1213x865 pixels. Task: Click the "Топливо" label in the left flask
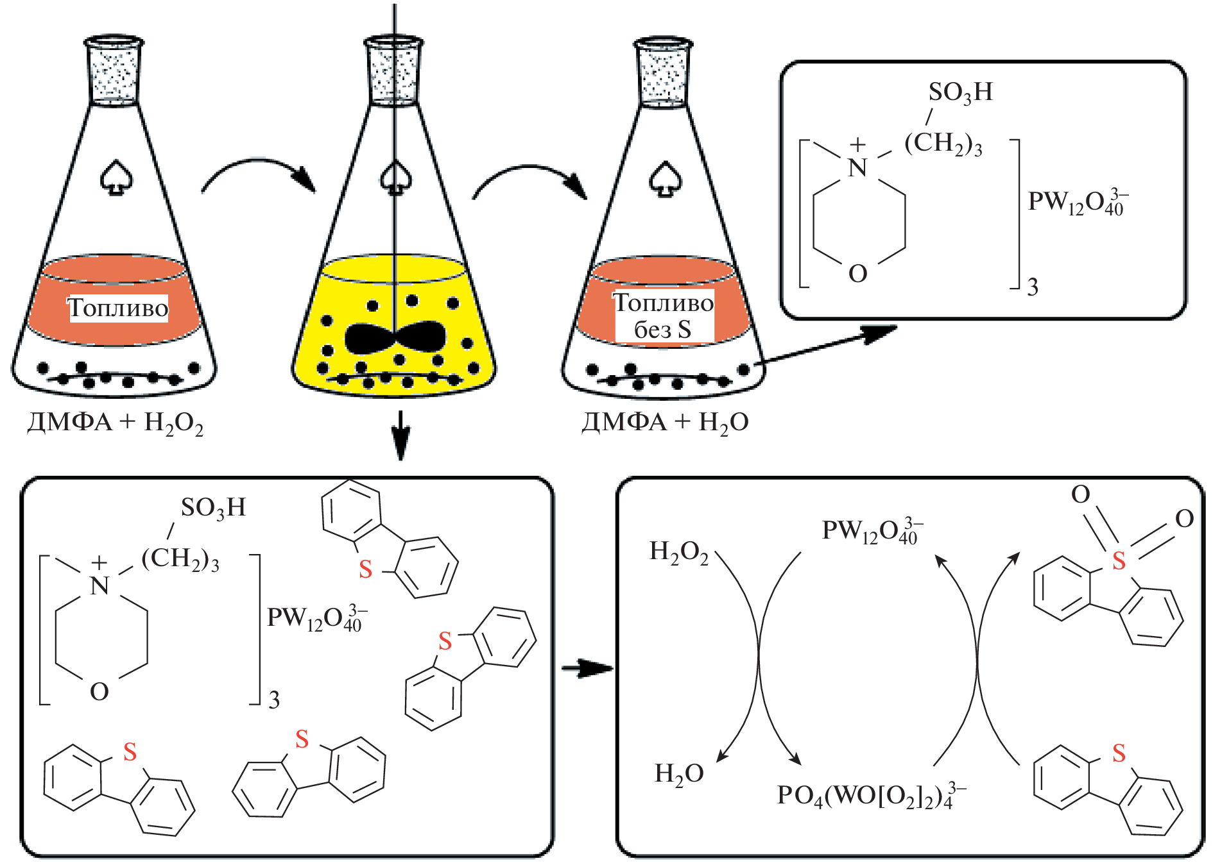118,308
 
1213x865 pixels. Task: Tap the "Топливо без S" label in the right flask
664,316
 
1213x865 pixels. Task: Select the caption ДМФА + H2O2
116,423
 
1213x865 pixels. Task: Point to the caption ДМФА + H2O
665,423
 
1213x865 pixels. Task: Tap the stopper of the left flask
114,71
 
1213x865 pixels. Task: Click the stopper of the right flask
664,71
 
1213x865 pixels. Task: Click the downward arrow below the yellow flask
400,435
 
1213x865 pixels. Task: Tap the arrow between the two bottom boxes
585,668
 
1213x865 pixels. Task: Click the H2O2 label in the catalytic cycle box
679,552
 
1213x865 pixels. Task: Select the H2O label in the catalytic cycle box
679,774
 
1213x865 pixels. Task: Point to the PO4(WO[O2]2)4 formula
870,796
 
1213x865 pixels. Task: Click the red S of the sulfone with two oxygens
1119,561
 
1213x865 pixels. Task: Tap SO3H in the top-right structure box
960,93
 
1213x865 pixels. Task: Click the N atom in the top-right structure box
857,168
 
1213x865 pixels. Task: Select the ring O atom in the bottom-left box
99,692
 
